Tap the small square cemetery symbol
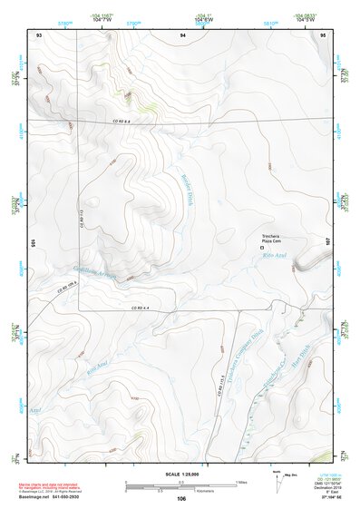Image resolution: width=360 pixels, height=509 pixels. [263, 247]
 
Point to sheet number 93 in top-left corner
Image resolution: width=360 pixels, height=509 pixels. [39, 34]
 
